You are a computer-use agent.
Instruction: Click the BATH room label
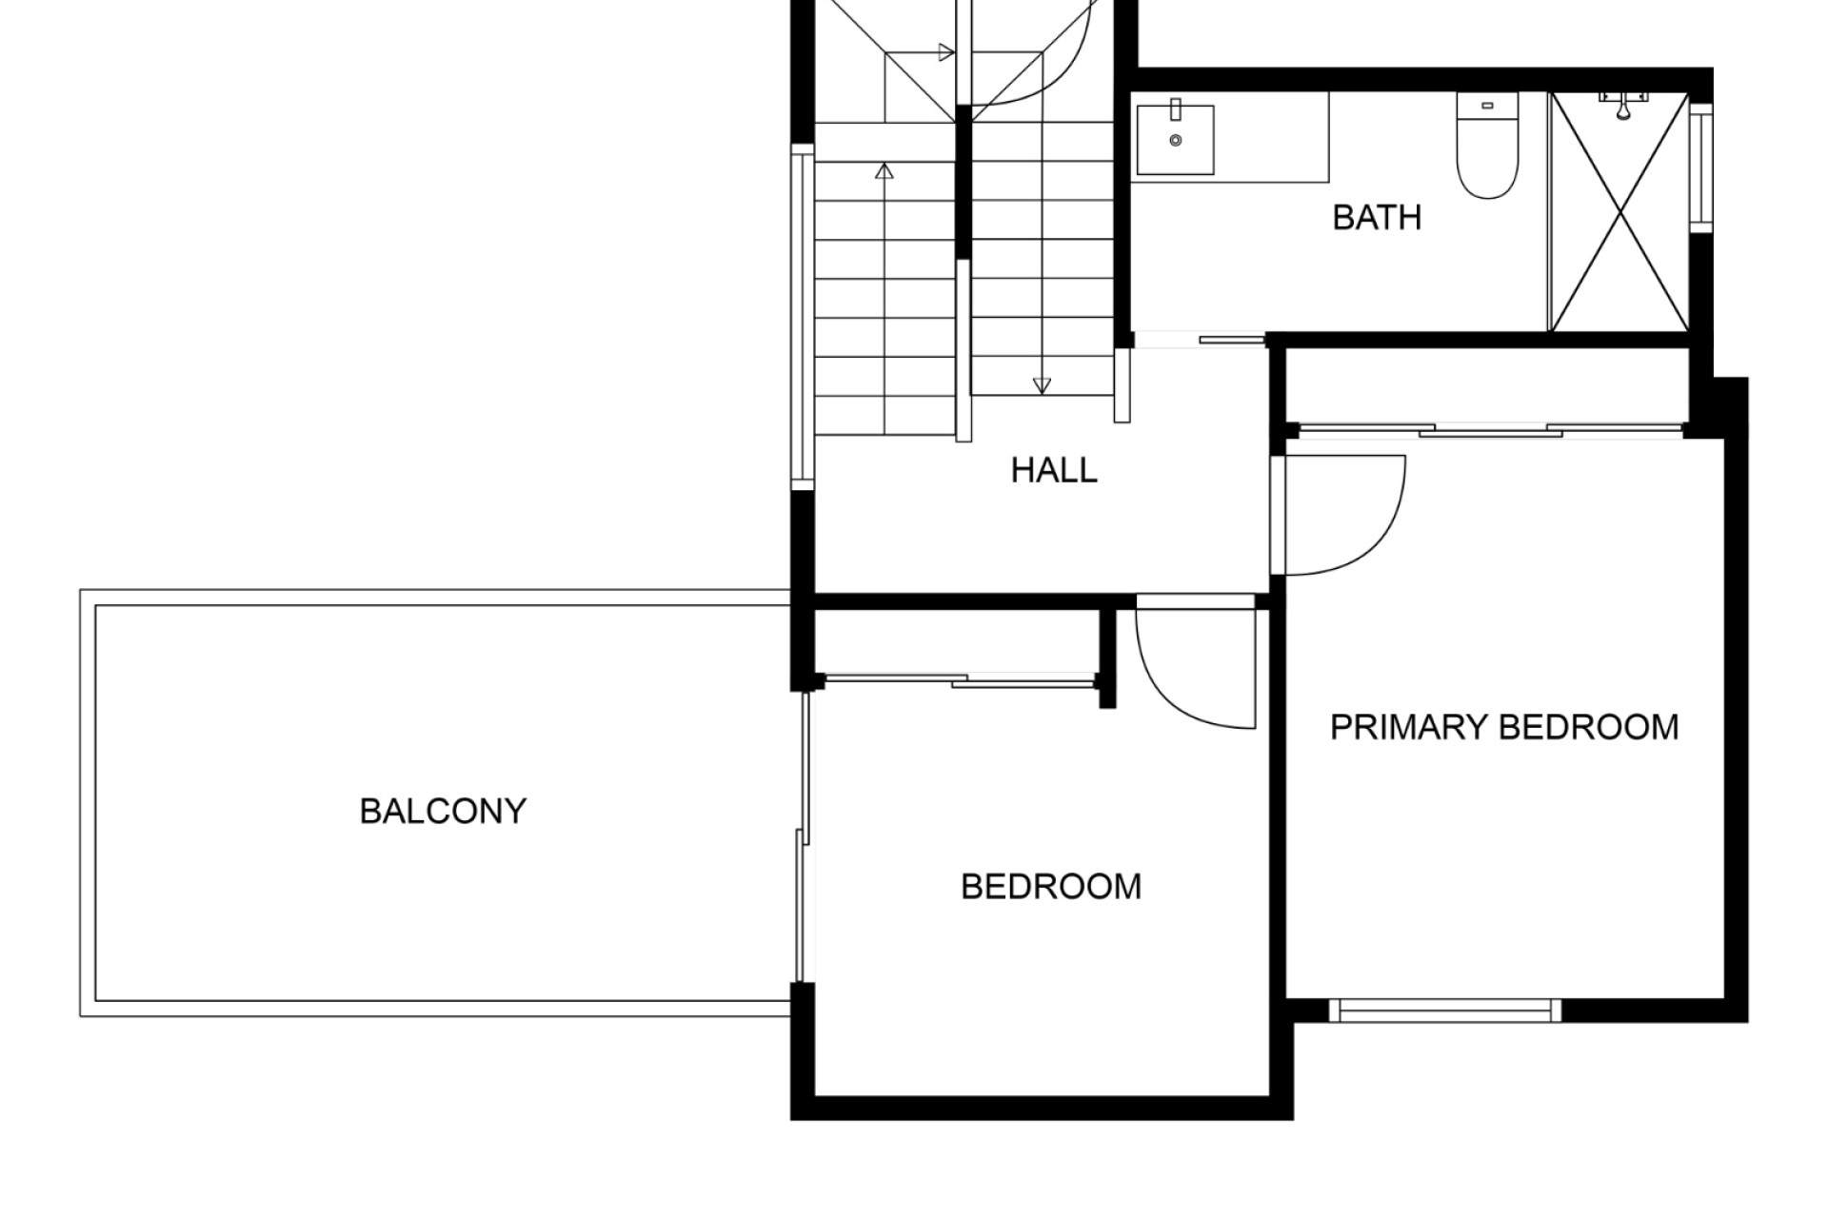point(1377,218)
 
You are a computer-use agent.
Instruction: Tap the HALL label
point(1054,470)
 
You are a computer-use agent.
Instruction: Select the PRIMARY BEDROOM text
point(1504,727)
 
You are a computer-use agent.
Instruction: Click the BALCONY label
point(443,811)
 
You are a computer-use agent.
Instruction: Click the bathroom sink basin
point(1176,140)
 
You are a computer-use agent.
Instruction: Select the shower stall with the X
point(1619,211)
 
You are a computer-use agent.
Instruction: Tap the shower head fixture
point(1624,106)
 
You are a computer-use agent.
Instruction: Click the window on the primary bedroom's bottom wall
point(1445,1011)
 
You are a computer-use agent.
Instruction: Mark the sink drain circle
point(1176,141)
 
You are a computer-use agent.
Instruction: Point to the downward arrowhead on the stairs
point(1042,385)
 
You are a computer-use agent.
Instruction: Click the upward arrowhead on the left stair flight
point(884,171)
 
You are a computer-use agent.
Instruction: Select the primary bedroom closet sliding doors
point(1490,430)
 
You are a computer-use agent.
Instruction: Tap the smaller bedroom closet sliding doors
point(960,679)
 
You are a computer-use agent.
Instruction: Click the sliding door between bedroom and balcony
point(804,837)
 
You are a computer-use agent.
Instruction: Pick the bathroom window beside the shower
point(1700,167)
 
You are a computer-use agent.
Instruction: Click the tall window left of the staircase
point(803,317)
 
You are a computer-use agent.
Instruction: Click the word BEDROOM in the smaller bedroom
point(1051,887)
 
